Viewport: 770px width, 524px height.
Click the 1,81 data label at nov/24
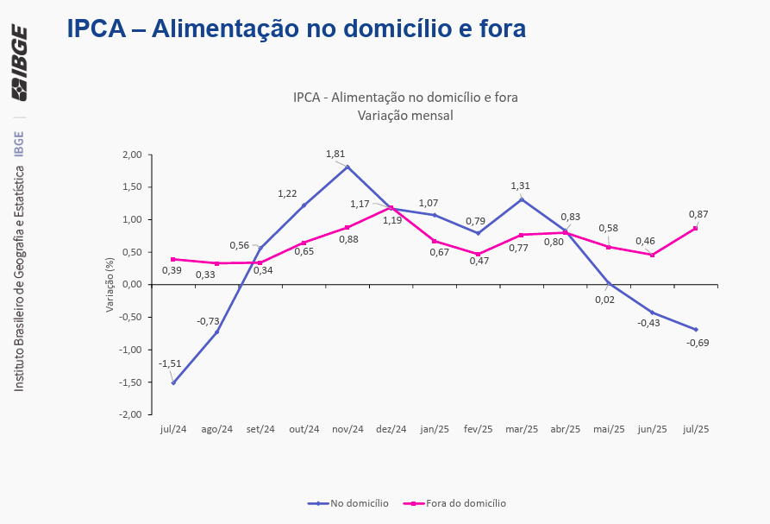pos(335,154)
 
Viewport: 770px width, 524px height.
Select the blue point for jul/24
pos(173,382)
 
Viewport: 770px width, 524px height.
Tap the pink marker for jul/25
pos(695,228)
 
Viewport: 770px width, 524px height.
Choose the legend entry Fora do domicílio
pos(466,502)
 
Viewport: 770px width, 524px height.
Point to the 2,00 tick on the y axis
pos(131,155)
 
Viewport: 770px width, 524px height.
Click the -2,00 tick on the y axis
pos(129,414)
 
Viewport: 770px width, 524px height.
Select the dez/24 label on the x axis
pos(391,429)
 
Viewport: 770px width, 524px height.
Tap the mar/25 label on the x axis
pos(522,429)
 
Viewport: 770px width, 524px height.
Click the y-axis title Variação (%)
pos(110,284)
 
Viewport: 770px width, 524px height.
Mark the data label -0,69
pos(698,343)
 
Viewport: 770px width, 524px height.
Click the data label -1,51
pos(169,364)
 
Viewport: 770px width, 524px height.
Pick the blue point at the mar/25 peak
pos(521,199)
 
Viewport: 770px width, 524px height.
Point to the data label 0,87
pos(698,213)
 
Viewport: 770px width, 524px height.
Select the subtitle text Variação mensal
pos(404,115)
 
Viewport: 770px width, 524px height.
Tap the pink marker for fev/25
pos(478,254)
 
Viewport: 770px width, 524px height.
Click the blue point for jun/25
pos(652,313)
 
